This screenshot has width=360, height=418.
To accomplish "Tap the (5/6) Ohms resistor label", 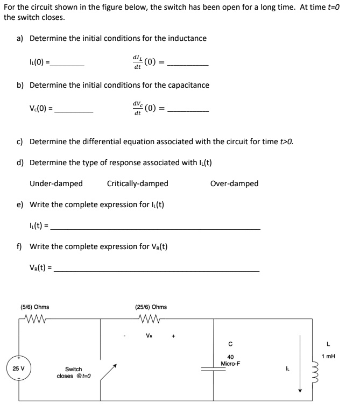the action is coord(34,307).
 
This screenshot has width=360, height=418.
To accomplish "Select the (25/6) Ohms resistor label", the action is coord(151,307).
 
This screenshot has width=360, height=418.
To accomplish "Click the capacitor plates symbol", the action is coord(213,370).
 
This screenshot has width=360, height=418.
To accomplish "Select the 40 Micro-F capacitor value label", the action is coord(230,360).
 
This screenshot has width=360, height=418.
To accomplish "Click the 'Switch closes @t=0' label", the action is coord(73,372).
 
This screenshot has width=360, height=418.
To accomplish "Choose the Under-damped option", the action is coord(56,183).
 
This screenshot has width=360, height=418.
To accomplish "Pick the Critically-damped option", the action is coord(138,183).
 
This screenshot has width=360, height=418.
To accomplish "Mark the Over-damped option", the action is coord(234,183).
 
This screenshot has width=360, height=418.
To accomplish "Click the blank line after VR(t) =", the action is coord(156,270).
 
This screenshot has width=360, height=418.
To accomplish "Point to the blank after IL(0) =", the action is coord(67,65).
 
